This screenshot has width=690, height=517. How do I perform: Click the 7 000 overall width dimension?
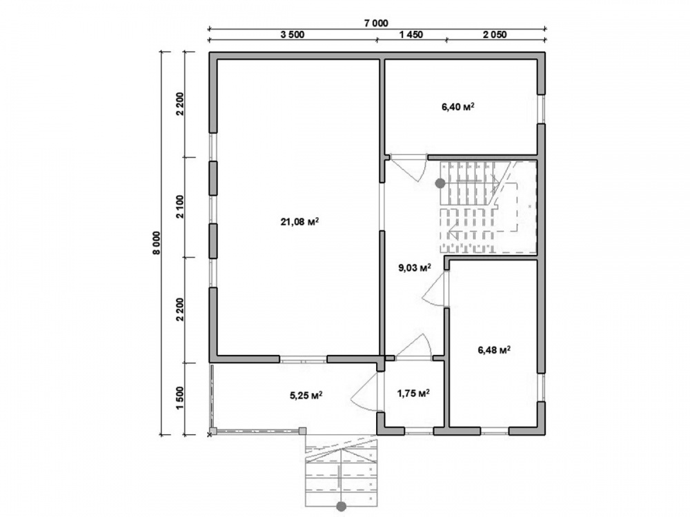coord(376,23)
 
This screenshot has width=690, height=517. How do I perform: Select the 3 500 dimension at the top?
coord(292,34)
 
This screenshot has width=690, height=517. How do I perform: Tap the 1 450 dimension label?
coord(411,34)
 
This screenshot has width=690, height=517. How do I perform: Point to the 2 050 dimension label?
coord(495,34)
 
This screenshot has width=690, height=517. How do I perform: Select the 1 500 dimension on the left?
coord(179,398)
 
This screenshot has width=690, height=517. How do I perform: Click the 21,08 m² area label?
coord(299,222)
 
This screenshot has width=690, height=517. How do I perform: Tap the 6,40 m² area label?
coord(458,106)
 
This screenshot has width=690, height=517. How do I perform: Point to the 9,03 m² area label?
coord(415,267)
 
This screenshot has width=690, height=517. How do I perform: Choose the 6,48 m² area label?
coord(494,350)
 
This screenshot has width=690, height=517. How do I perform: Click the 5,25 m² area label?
coord(306,396)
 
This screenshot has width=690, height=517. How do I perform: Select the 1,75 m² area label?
coord(413,394)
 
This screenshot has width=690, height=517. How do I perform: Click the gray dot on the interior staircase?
coord(440,183)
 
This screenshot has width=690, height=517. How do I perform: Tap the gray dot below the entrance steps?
coord(341,507)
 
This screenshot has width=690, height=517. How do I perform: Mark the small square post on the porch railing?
coord(303,430)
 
